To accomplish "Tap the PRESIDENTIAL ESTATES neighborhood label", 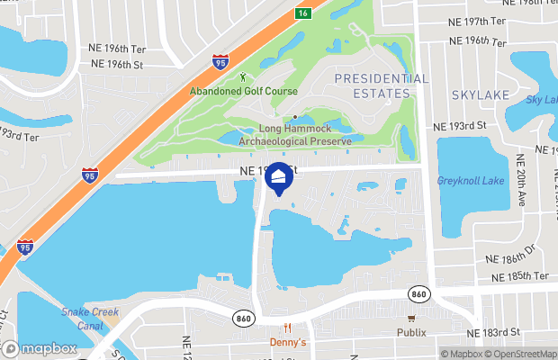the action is (x=381, y=86).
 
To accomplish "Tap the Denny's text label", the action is (x=288, y=342).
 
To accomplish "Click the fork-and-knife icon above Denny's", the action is (x=288, y=328).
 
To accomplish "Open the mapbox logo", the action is (x=40, y=348).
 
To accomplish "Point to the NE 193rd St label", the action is (x=459, y=127).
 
